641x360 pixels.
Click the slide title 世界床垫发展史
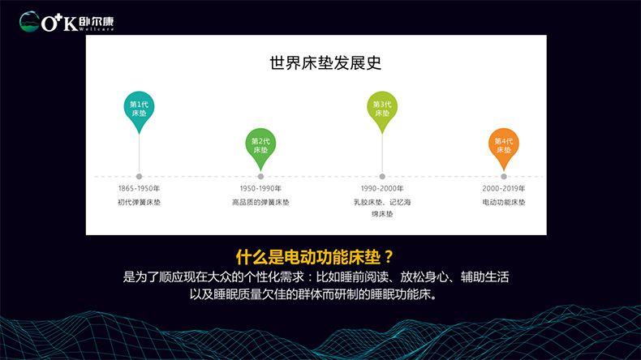pos(325,63)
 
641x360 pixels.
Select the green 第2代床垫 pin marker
pos(260,146)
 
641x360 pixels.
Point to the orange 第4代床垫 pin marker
pos(504,146)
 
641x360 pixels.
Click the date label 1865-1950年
pos(139,188)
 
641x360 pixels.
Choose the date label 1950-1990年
pos(260,188)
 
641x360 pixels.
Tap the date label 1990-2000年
pos(382,188)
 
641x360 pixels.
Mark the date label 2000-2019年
pos(504,188)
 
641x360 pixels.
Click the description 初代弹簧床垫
pos(139,202)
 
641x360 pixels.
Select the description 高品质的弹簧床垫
pos(260,202)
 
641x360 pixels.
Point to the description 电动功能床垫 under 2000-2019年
pos(504,202)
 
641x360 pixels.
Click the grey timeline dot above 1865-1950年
pos(139,177)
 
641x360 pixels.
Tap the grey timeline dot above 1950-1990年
pos(260,177)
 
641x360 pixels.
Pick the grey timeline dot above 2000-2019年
pos(504,177)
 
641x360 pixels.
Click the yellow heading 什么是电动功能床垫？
pos(315,257)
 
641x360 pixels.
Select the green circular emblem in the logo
pos(29,21)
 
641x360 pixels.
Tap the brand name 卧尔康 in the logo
pos(97,21)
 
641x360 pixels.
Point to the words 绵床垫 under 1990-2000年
pos(382,214)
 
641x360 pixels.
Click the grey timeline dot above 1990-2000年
pos(382,177)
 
